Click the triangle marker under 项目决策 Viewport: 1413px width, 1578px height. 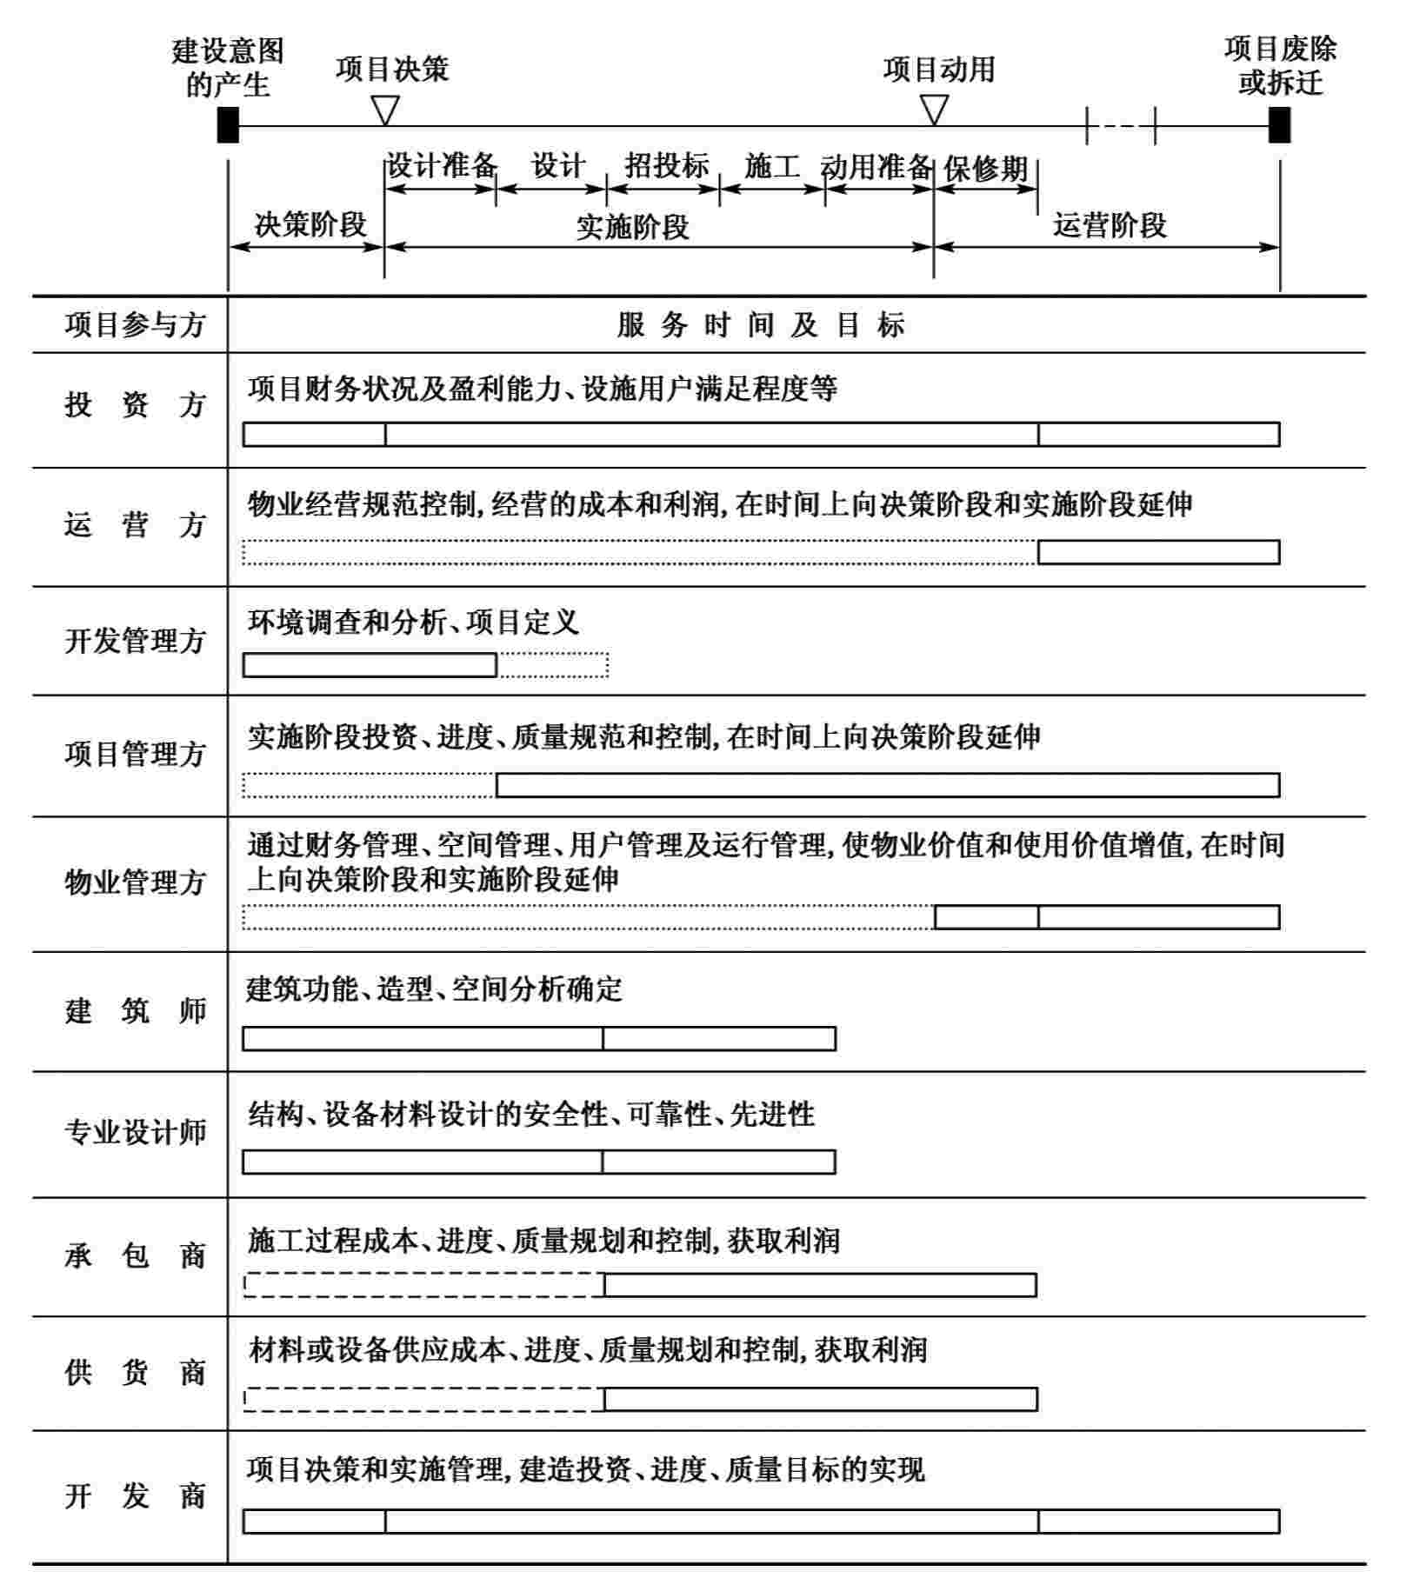click(384, 110)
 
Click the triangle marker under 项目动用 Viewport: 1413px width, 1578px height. click(934, 110)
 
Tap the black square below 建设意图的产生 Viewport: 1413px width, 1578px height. click(228, 125)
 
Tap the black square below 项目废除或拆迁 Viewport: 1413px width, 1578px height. click(1279, 125)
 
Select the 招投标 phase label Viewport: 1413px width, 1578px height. click(666, 165)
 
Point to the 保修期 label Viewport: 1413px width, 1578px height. click(985, 169)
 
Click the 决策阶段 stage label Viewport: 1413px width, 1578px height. click(310, 224)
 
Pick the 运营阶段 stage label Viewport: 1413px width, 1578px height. click(1109, 225)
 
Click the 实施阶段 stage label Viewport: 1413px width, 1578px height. click(632, 228)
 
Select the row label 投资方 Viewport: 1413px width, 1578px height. click(134, 405)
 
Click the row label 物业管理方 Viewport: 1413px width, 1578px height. click(134, 883)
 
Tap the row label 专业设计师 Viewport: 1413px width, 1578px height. click(134, 1132)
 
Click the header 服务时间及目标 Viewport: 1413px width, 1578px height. click(761, 325)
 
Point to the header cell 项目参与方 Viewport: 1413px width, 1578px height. click(134, 325)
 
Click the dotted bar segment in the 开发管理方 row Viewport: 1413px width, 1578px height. click(553, 665)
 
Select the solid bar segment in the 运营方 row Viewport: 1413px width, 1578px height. click(1158, 552)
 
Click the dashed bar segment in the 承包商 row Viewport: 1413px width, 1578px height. click(423, 1285)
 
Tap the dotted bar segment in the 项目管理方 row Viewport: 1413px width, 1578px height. click(370, 785)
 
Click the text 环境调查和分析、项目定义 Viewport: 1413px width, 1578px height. click(413, 623)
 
